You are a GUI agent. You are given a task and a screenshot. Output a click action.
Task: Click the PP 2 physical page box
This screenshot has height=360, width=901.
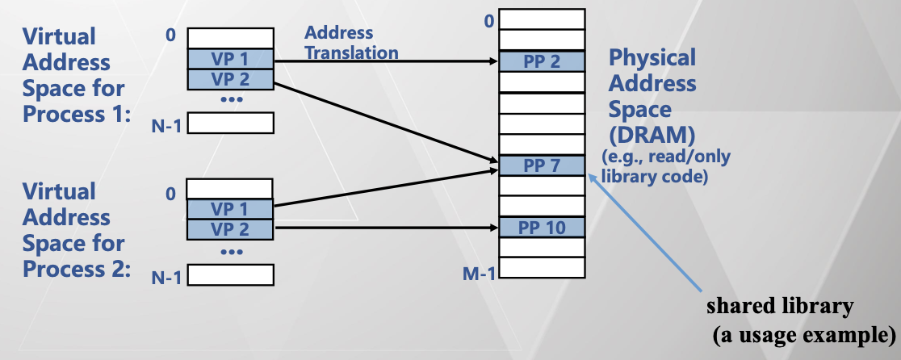[541, 61]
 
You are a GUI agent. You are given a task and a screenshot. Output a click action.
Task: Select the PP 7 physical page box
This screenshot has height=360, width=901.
[541, 166]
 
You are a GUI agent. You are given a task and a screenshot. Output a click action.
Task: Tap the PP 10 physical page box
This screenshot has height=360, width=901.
[541, 227]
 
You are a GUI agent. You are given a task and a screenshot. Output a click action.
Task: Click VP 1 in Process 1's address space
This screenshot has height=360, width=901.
[231, 59]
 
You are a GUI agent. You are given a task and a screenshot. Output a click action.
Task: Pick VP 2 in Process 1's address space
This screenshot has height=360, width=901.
[231, 79]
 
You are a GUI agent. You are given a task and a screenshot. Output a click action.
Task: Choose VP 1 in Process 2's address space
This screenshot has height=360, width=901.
[231, 208]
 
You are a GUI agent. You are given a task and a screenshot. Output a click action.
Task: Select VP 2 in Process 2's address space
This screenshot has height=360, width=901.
[231, 228]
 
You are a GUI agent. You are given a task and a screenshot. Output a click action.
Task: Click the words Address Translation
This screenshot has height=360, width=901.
[351, 43]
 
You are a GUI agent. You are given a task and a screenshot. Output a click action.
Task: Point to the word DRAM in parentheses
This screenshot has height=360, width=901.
[651, 134]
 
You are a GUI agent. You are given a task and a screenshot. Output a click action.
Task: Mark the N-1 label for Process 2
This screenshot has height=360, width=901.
[170, 278]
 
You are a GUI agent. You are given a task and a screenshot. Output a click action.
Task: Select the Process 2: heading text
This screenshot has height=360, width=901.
[77, 269]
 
